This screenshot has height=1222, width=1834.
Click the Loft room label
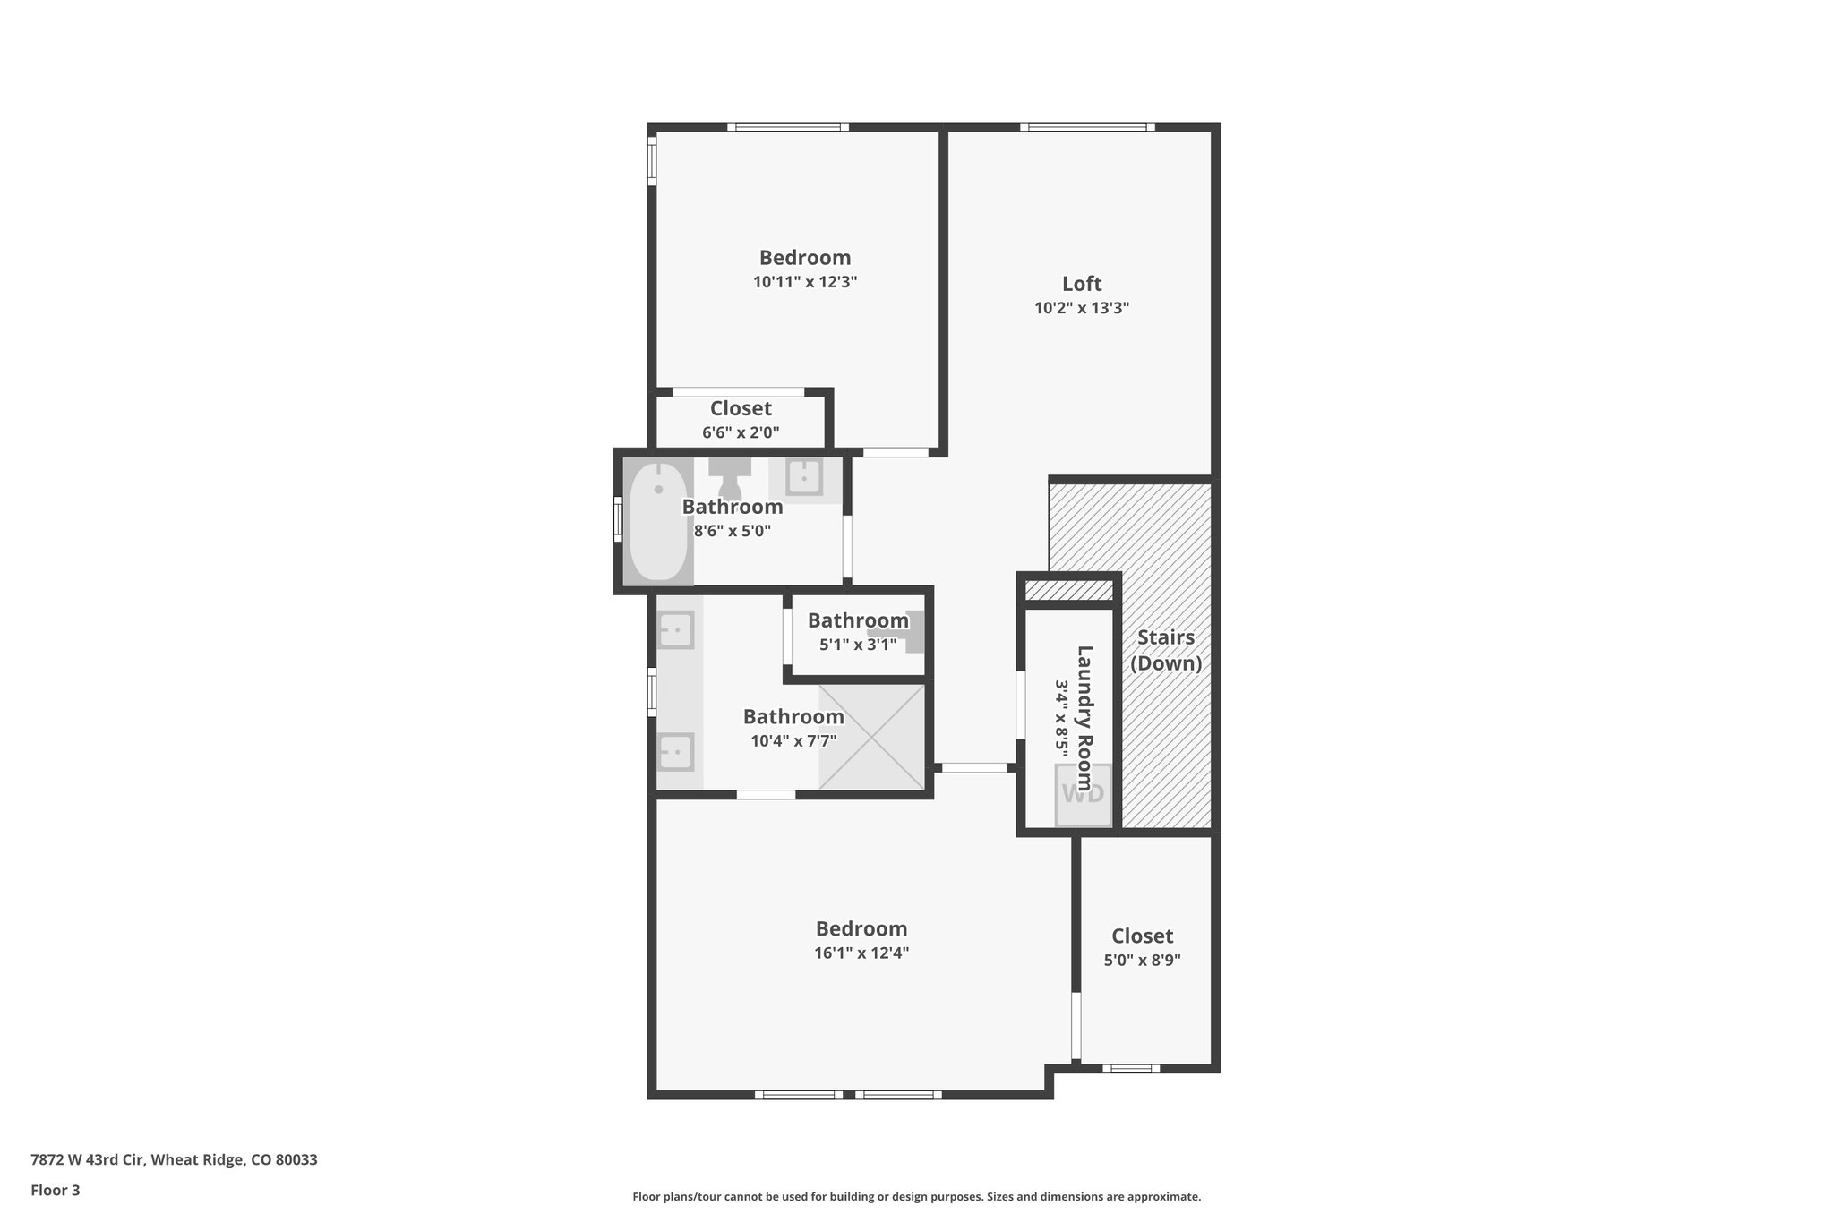click(1082, 284)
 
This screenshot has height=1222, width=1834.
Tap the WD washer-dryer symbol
click(1084, 794)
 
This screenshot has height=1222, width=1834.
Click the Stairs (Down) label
click(1165, 650)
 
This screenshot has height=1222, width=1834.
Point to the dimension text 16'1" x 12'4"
click(861, 953)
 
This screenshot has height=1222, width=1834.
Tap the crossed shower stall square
click(871, 737)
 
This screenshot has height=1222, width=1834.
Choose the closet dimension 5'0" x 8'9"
click(1142, 961)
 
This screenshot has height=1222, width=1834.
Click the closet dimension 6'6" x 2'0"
click(741, 432)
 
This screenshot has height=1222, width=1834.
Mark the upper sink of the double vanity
click(676, 629)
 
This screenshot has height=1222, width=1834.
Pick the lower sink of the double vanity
click(676, 751)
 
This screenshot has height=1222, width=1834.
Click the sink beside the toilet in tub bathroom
click(804, 476)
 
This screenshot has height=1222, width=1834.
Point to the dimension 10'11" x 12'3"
click(805, 282)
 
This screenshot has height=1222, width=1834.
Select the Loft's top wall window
click(1087, 127)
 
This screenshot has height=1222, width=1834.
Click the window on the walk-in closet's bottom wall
click(1130, 1068)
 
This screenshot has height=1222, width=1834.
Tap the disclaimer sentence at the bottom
click(916, 1196)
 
